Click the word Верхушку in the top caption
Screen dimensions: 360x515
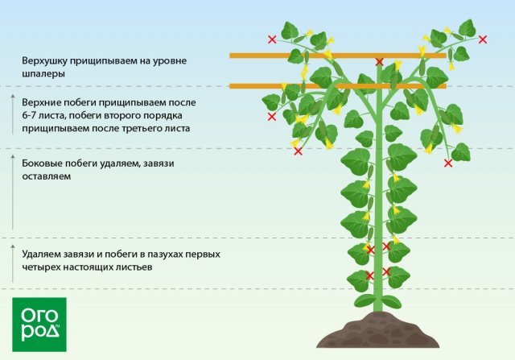47,60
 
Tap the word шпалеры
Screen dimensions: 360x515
43,73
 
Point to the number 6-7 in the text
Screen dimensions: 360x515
34,116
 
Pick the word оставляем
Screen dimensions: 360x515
48,176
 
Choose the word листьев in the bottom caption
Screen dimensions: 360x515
132,267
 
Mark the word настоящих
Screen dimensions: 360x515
90,267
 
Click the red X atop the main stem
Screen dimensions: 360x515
379,61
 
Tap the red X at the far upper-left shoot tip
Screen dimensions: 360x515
271,39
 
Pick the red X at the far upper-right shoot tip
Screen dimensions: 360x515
483,39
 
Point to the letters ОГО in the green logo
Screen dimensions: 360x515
39,310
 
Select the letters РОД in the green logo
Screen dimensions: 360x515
39,331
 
